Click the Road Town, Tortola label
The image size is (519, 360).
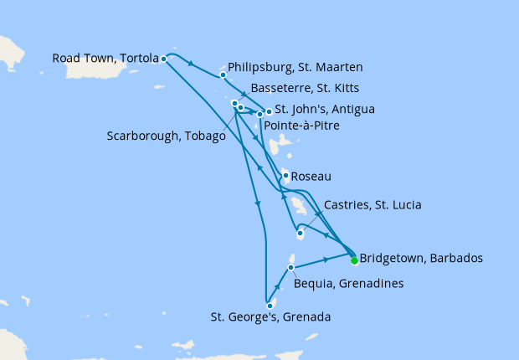click(105, 59)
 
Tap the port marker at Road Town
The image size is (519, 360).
click(164, 59)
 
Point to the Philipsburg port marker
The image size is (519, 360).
click(223, 75)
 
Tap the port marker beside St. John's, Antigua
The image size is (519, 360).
click(269, 111)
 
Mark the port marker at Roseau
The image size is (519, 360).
click(285, 176)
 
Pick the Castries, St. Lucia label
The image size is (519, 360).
click(372, 205)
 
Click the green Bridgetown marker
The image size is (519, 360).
click(354, 260)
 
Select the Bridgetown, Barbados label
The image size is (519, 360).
click(420, 258)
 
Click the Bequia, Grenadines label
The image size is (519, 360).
click(349, 284)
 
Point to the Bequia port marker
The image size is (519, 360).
click(290, 268)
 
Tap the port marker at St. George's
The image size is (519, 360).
click(270, 306)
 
